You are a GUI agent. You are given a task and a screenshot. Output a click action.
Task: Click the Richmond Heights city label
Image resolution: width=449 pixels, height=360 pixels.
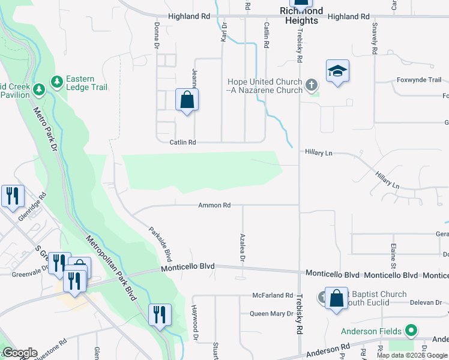coord(301,16)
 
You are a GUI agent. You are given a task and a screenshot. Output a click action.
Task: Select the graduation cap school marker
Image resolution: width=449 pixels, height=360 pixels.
coord(337,71)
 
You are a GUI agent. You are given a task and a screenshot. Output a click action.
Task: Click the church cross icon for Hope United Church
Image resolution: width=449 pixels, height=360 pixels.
coord(311,85)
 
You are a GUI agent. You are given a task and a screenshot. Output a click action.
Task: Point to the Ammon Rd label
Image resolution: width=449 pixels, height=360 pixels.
coord(214,205)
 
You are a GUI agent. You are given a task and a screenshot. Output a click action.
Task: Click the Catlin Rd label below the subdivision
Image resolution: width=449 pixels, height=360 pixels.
coord(183,142)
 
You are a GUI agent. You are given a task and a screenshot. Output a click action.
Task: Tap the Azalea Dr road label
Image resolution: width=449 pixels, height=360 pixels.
coord(243,248)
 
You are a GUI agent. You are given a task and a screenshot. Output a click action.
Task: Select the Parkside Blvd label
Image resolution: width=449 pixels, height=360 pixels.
coord(160,244)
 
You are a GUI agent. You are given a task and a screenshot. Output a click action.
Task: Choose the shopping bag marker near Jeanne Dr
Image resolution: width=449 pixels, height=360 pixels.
coord(187,100)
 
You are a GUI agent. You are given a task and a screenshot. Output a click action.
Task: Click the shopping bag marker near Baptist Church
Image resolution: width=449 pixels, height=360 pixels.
coord(337,298)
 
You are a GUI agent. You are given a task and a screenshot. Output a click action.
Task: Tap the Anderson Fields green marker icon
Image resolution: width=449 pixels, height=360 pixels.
coord(411,331)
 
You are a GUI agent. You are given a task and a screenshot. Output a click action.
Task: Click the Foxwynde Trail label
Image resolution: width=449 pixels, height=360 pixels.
coord(418,80)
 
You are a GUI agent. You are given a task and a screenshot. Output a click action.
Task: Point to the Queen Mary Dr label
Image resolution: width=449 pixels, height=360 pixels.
coord(271,314)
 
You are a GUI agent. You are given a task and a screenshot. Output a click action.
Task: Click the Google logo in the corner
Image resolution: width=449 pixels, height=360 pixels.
coord(20,353)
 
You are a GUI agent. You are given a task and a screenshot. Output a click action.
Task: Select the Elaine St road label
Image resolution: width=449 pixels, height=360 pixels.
coord(393,256)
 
